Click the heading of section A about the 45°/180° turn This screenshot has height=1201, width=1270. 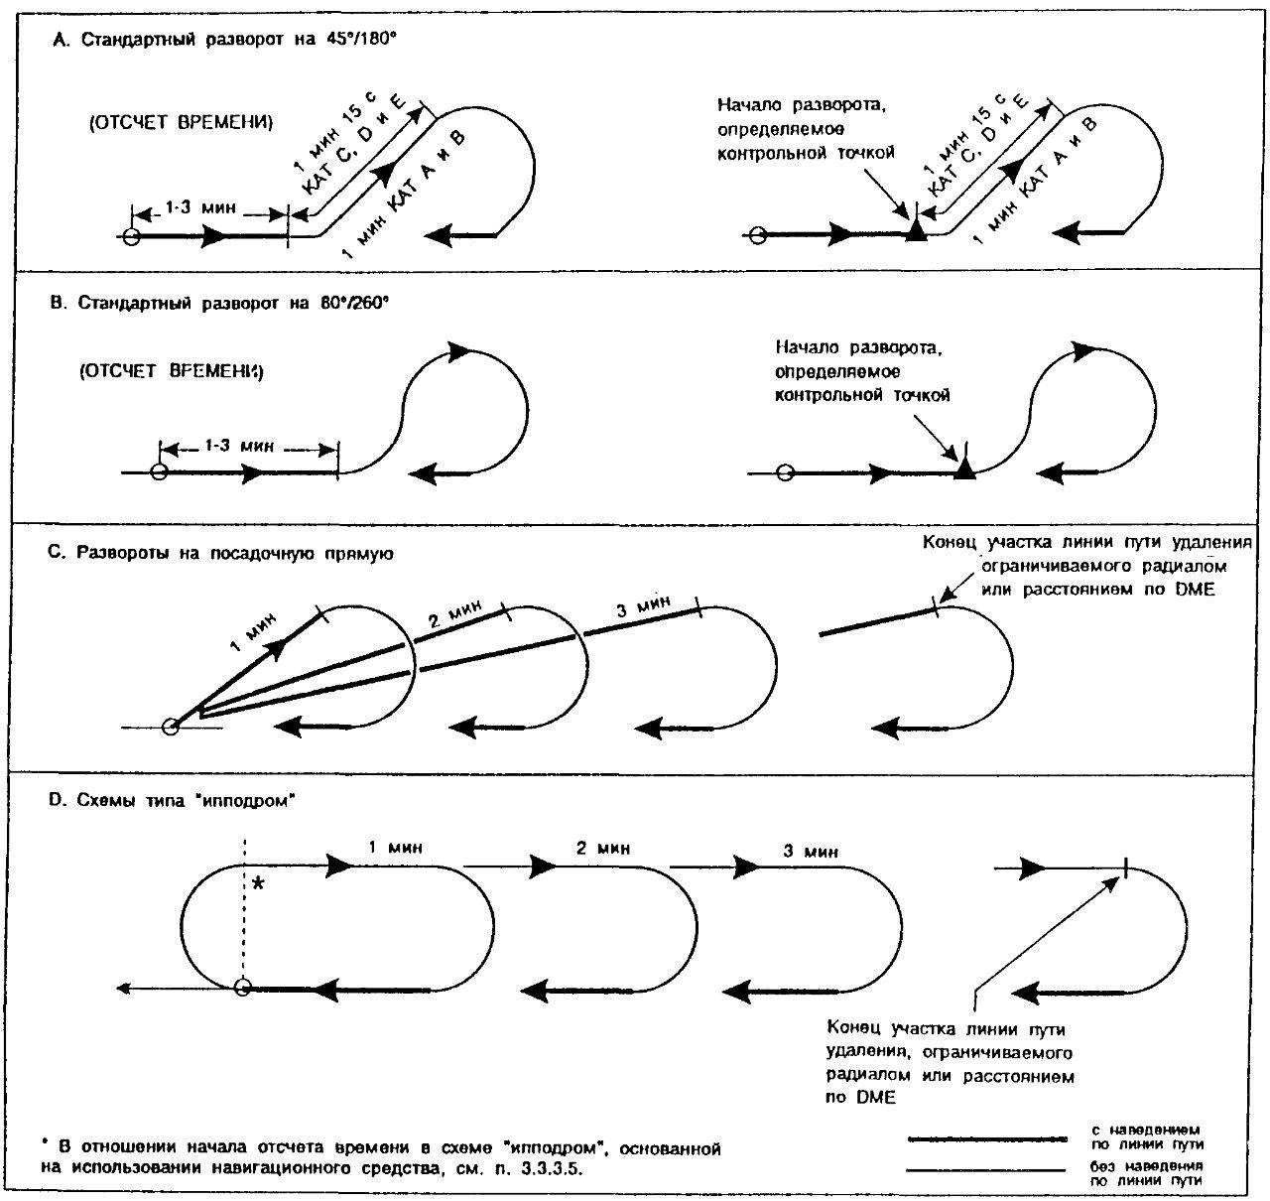(224, 40)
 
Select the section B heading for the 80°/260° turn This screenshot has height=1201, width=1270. (219, 303)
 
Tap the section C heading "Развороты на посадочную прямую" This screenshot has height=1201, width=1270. (220, 553)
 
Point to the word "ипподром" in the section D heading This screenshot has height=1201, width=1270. (249, 800)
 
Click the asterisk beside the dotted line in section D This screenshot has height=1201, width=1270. (258, 883)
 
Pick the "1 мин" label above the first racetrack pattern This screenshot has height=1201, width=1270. (395, 847)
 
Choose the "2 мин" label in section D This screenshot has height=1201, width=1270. (602, 848)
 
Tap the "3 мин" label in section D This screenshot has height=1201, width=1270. (811, 851)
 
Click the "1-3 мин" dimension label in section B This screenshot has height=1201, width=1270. (239, 446)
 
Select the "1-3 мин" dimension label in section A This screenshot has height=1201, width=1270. (200, 207)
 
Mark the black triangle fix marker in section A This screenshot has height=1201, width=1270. (916, 230)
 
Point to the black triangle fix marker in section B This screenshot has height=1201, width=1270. (964, 467)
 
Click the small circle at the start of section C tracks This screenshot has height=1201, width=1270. (170, 728)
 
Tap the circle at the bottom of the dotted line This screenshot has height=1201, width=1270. (242, 987)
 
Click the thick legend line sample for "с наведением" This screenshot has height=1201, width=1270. (987, 1138)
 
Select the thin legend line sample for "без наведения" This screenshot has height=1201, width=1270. (986, 1170)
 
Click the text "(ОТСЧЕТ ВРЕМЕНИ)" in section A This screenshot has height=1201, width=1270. (181, 123)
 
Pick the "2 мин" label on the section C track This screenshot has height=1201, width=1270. (455, 613)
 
